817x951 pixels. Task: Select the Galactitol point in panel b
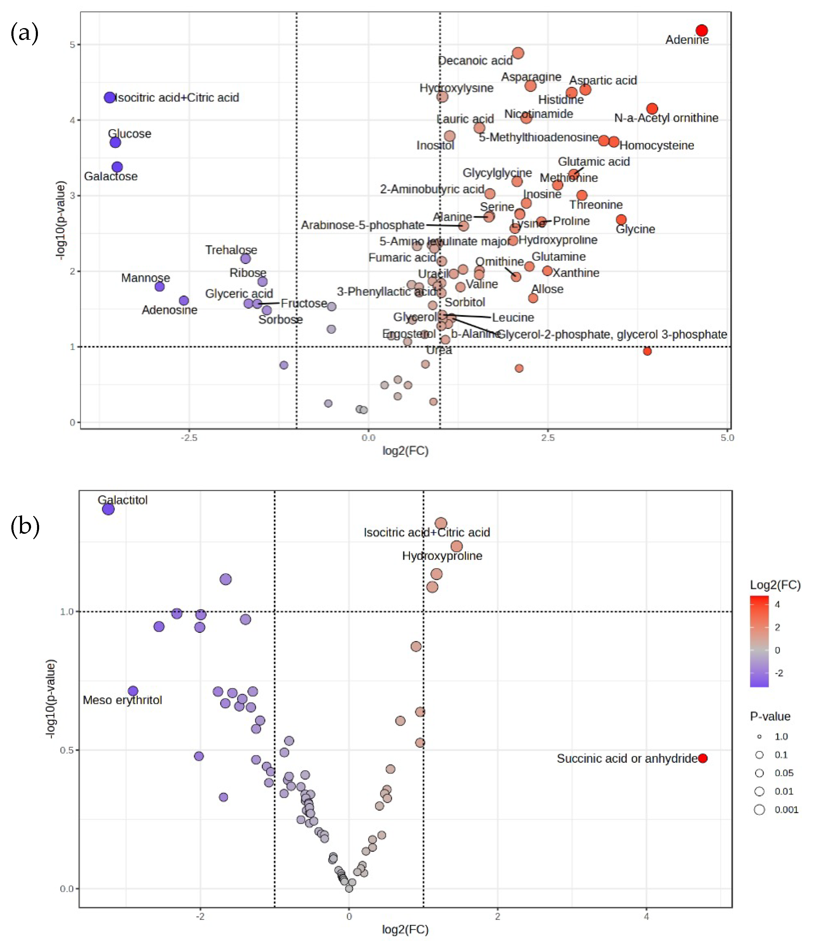click(108, 509)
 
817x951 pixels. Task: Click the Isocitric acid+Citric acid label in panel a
click(177, 97)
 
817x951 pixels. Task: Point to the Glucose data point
click(115, 142)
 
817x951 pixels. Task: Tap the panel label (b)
click(25, 526)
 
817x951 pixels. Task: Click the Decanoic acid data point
click(517, 53)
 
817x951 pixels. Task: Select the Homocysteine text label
click(657, 146)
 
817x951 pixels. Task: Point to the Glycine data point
click(621, 219)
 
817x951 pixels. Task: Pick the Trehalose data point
click(246, 259)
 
